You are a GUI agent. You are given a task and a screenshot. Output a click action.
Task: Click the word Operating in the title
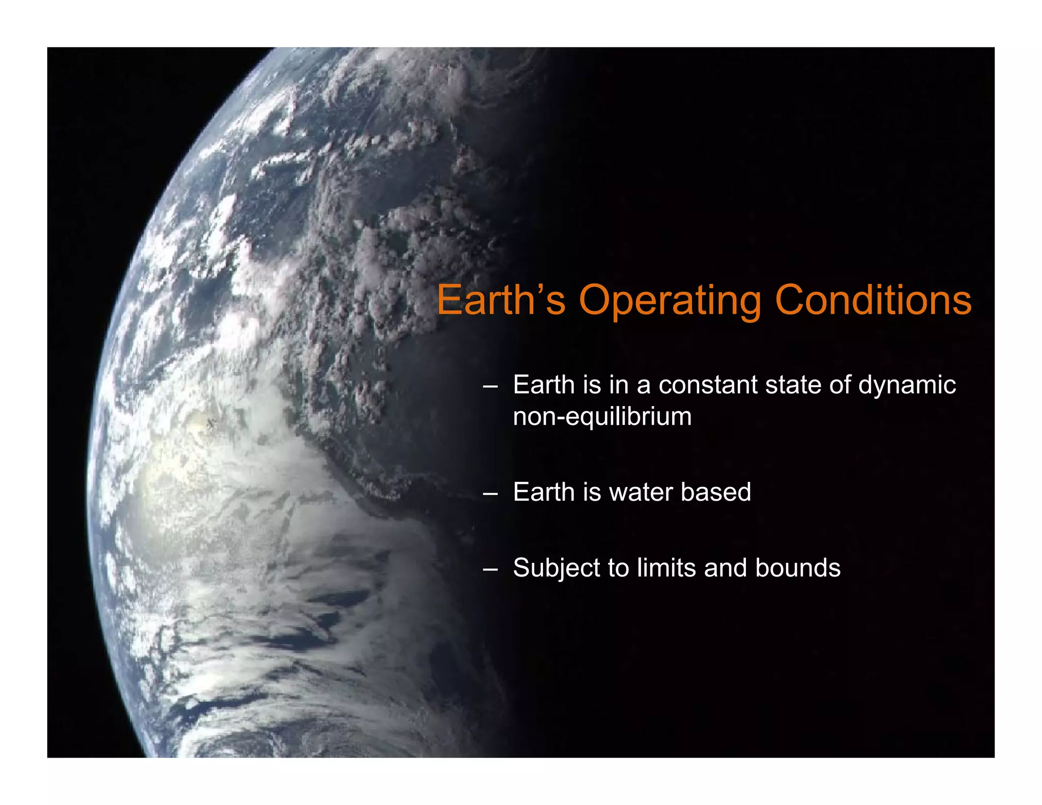coord(670,301)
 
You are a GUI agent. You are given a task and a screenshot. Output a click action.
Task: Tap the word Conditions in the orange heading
coord(873,300)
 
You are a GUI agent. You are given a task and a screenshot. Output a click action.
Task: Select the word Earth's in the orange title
coord(501,300)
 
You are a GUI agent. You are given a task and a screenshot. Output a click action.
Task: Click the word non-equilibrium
coord(602,417)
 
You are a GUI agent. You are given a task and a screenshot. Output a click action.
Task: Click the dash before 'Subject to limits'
coord(490,569)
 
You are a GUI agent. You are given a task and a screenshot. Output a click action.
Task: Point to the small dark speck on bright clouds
coord(212,422)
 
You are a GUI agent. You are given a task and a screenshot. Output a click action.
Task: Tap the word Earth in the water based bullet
coord(544,493)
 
